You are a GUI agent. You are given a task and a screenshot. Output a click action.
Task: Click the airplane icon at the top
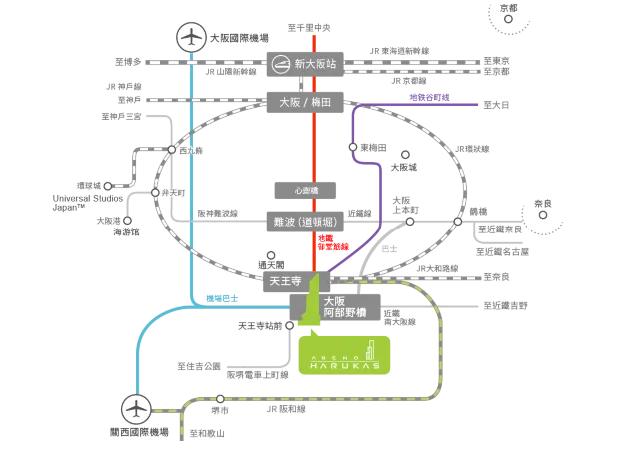pyautogui.click(x=190, y=36)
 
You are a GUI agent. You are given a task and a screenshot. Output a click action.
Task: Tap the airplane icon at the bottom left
pyautogui.click(x=135, y=408)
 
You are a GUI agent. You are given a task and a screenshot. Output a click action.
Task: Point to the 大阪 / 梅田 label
pyautogui.click(x=307, y=102)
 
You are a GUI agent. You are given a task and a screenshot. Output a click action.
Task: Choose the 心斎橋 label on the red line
pyautogui.click(x=307, y=187)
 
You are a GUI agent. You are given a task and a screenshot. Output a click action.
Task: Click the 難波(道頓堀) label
pyautogui.click(x=307, y=222)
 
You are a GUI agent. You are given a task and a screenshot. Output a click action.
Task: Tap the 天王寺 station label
pyautogui.click(x=285, y=282)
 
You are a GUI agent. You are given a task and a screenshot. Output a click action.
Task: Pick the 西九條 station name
pyautogui.click(x=191, y=150)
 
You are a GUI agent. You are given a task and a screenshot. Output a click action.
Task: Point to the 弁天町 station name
pyautogui.click(x=174, y=191)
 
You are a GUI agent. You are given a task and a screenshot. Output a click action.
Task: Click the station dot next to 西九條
pyautogui.click(x=172, y=150)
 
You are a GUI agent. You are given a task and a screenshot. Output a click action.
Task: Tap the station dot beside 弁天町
pyautogui.click(x=155, y=191)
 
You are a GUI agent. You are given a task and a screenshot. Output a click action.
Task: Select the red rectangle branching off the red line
pyautogui.click(x=331, y=242)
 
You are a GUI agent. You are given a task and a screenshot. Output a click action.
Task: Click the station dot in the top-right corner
pyautogui.click(x=508, y=18)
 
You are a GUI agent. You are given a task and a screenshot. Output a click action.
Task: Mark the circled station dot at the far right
pyautogui.click(x=543, y=214)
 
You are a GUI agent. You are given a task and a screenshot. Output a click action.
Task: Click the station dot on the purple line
pyautogui.click(x=354, y=147)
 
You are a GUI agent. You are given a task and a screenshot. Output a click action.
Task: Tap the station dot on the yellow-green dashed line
pyautogui.click(x=221, y=399)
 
